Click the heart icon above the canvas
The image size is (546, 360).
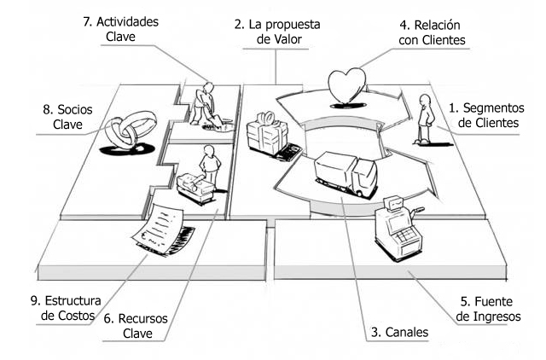[346, 84]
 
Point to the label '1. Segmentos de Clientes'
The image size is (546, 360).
[484, 115]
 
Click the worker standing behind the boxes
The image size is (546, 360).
[209, 162]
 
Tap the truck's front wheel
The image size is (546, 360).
[364, 188]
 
